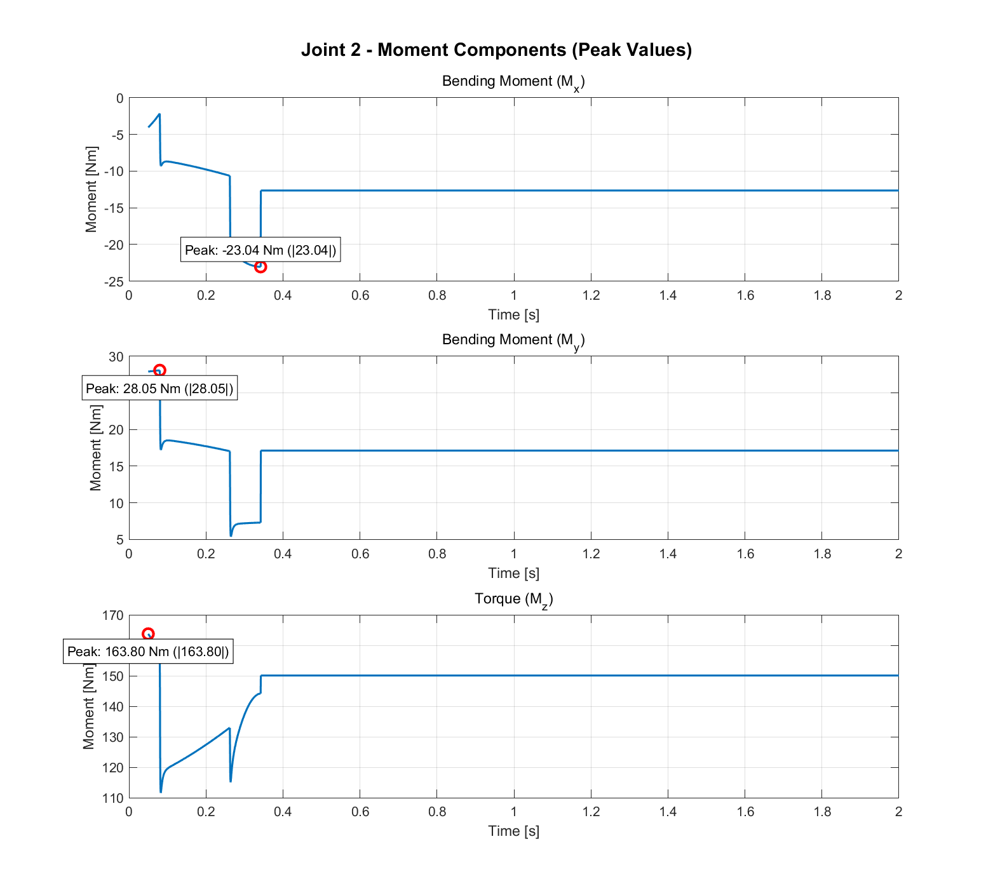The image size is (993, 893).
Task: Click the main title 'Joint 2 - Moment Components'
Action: (496, 50)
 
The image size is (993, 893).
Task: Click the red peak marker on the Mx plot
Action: (260, 267)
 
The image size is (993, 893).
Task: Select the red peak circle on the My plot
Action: (159, 370)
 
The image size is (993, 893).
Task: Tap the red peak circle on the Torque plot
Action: (148, 634)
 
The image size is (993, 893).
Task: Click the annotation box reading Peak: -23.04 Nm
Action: (260, 250)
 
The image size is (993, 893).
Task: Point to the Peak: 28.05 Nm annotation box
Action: (159, 388)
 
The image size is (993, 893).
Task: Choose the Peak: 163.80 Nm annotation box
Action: (148, 652)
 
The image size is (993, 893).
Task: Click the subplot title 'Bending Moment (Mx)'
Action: (513, 82)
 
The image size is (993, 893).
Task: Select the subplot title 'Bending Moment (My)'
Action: (513, 340)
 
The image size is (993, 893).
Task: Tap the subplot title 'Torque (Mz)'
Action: (513, 599)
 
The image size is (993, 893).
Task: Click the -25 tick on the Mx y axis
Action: (116, 281)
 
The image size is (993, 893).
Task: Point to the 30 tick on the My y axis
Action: (116, 357)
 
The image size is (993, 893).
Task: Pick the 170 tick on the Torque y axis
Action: (113, 615)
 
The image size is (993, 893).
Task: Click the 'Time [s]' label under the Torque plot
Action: (513, 831)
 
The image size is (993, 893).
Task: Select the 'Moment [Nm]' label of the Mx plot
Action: (91, 189)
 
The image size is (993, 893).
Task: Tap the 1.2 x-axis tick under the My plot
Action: (591, 554)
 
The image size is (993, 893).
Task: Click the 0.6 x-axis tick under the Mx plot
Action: (360, 295)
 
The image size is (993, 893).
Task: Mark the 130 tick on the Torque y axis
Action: (113, 737)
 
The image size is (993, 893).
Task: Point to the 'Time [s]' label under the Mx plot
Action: (513, 314)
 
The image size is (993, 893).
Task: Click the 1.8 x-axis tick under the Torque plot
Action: (821, 812)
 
